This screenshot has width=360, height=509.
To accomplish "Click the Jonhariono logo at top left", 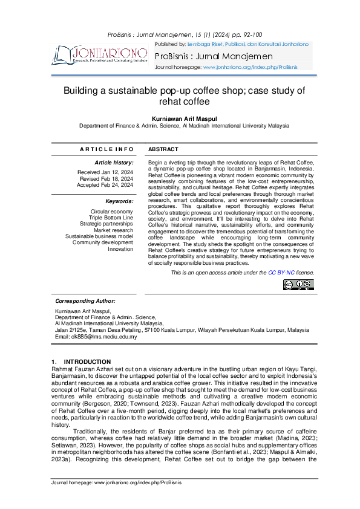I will (x=100, y=54).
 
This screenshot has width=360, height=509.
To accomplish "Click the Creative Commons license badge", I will (x=298, y=285).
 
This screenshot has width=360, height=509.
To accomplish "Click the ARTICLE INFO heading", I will (x=106, y=149).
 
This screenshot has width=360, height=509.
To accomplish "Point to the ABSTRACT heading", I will (x=163, y=149).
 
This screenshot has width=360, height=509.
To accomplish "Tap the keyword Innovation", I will (x=120, y=249).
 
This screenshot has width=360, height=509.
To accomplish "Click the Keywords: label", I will (x=119, y=201).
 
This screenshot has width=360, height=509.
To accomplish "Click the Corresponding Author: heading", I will (x=85, y=301).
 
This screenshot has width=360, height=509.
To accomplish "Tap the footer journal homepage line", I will (x=116, y=482).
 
